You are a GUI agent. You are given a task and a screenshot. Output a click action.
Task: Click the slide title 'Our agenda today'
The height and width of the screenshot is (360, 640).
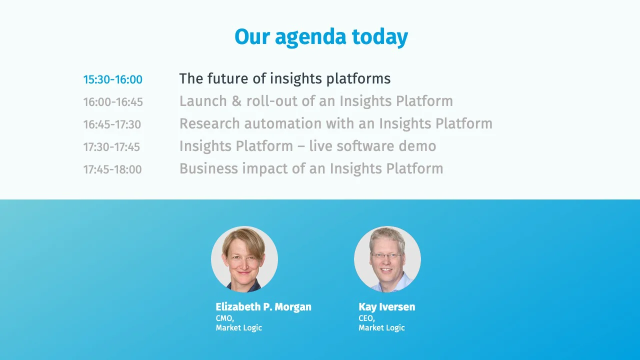coord(321,37)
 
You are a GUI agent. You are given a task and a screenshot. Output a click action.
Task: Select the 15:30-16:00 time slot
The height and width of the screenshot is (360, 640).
coord(113,79)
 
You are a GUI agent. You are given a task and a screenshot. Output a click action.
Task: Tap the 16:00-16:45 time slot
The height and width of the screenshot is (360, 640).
coord(113,102)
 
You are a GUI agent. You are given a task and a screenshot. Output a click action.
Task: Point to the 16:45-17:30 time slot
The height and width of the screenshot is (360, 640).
coord(112,124)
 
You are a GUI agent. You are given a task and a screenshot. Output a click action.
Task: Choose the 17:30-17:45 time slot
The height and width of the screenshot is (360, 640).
coord(111,147)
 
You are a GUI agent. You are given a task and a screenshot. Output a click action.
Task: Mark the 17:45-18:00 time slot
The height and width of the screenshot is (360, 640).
coord(112,169)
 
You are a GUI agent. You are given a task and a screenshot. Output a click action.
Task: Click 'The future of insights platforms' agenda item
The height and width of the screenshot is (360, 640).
coord(284,78)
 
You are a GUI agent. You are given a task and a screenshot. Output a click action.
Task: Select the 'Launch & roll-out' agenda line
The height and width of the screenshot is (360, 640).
coord(316,101)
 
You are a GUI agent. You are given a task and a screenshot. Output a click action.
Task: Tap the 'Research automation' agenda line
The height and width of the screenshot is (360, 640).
coord(335,123)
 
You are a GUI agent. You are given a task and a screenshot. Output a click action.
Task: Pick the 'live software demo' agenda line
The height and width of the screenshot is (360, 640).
coord(307,146)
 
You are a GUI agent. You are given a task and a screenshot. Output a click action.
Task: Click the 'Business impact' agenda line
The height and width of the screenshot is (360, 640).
coord(311,168)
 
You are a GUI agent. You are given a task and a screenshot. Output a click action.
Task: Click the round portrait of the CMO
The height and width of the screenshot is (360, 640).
coord(244,259)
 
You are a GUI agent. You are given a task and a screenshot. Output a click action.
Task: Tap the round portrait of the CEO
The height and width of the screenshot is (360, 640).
coord(387,259)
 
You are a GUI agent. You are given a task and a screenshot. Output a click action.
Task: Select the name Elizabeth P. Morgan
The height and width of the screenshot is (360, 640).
coord(263,307)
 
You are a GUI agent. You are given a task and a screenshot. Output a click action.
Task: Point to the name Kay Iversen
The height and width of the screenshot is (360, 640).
coord(386,307)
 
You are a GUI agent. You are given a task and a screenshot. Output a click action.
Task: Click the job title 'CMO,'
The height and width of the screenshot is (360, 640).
coord(225,318)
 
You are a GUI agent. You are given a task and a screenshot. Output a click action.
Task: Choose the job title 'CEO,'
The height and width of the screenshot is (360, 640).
coord(366,318)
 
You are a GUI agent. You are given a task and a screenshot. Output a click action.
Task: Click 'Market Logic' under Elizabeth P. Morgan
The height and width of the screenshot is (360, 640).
coord(239,328)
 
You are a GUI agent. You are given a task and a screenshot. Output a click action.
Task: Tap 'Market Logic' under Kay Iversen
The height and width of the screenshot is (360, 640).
coord(381,328)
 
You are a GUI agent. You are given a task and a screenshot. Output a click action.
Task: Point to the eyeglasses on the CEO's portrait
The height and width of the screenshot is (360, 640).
coord(386,255)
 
